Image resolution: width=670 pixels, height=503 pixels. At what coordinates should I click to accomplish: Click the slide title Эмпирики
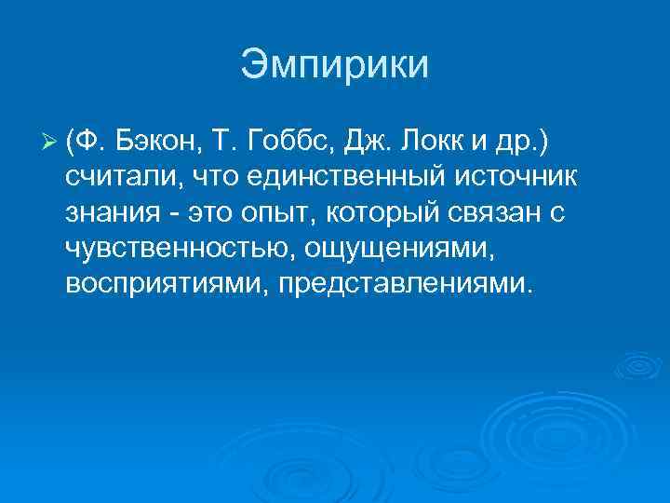tap(335, 65)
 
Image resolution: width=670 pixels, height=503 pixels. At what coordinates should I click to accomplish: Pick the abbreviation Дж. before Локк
tap(370, 143)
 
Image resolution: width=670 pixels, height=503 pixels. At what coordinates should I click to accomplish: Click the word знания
tap(111, 213)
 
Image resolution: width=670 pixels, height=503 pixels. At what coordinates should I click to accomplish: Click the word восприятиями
tap(157, 282)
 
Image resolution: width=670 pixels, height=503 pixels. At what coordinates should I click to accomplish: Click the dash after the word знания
tap(172, 214)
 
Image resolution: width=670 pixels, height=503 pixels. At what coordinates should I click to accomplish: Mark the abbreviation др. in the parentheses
tap(530, 143)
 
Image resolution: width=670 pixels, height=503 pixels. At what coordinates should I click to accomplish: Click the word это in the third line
tap(209, 213)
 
